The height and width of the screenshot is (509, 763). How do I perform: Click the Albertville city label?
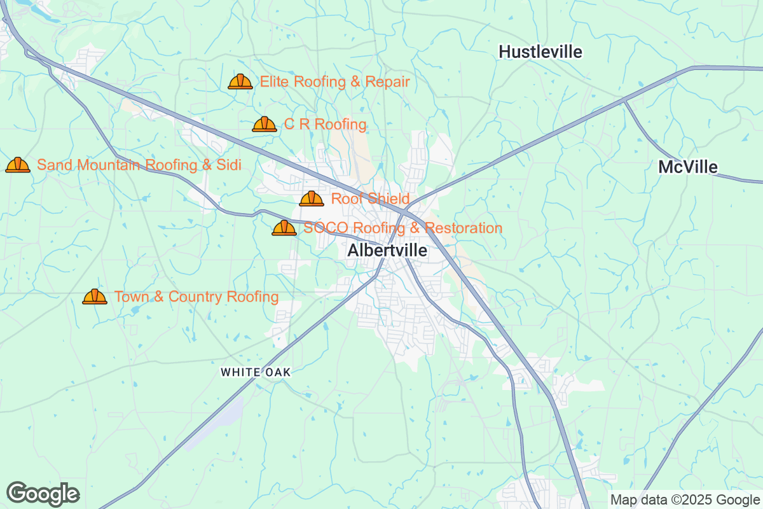(387, 251)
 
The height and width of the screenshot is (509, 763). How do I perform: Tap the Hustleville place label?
(540, 52)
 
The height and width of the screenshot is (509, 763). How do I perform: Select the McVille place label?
(687, 167)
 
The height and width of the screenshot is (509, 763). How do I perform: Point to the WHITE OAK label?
(256, 372)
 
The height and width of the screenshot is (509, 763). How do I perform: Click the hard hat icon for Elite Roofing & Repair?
(240, 81)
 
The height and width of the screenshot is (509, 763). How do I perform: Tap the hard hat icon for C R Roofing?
(265, 124)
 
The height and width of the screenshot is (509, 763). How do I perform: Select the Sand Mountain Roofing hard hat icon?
(18, 165)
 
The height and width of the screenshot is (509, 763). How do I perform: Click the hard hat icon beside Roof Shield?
(312, 199)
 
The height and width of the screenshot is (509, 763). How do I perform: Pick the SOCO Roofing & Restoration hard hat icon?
(284, 228)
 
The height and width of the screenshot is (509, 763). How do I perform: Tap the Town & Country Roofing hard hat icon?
(95, 296)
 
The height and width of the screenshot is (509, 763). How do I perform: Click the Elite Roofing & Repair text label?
(334, 81)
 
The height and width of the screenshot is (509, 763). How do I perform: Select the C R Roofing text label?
(325, 124)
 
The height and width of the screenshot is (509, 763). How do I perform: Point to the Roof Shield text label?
(370, 199)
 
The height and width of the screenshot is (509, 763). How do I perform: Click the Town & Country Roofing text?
(196, 296)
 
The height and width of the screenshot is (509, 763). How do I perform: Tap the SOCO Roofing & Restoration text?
(402, 228)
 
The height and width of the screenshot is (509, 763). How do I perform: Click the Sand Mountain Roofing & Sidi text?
(139, 165)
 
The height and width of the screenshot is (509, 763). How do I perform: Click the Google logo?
(43, 493)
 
